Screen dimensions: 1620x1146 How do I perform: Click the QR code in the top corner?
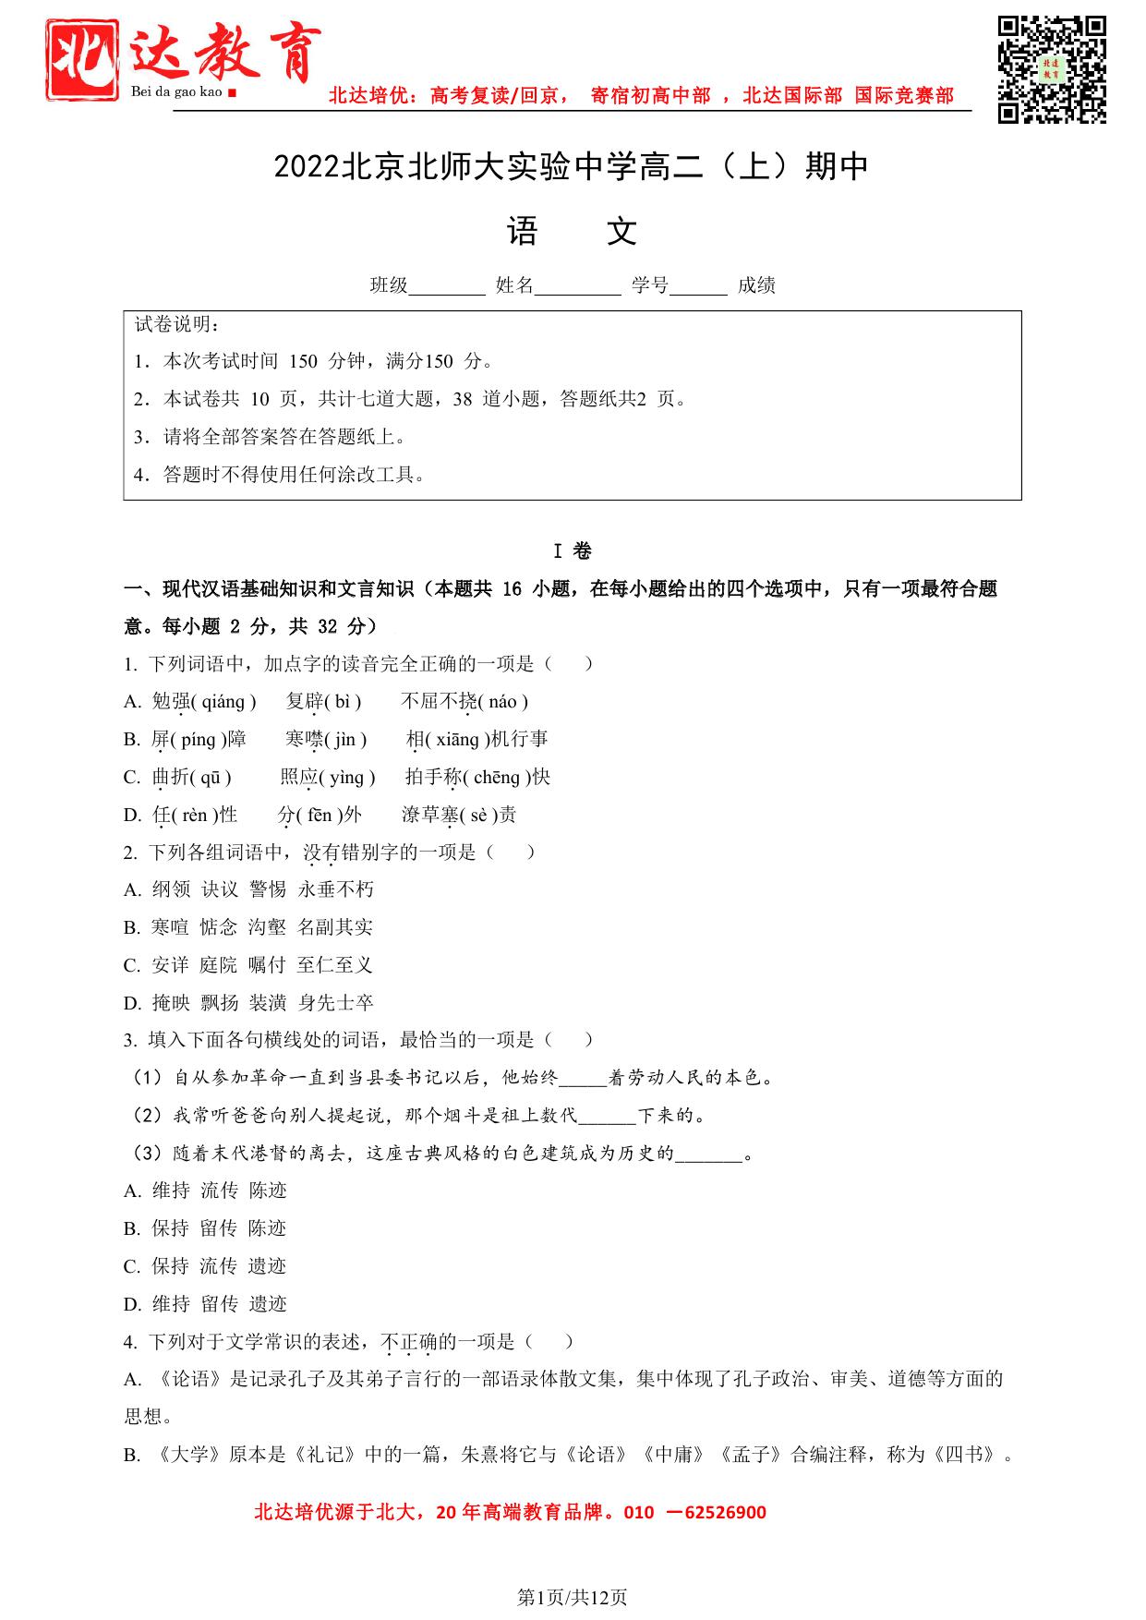[1051, 69]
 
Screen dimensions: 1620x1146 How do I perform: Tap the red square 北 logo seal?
[83, 60]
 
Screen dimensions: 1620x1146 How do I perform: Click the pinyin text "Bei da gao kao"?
[177, 92]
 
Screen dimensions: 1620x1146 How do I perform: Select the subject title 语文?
[572, 232]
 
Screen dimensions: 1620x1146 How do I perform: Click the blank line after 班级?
[447, 286]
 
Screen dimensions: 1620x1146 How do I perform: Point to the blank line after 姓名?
[577, 286]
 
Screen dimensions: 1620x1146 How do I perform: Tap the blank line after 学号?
[698, 286]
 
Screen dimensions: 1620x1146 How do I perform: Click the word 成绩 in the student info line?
[756, 285]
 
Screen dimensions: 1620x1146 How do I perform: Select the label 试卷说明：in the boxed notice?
[177, 324]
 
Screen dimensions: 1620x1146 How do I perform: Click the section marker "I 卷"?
[573, 551]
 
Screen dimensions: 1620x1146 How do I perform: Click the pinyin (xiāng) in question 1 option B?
[456, 740]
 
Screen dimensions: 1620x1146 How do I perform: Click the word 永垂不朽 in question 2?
[336, 889]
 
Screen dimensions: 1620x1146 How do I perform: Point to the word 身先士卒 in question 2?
[336, 1003]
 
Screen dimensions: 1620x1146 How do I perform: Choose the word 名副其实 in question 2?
[335, 927]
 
